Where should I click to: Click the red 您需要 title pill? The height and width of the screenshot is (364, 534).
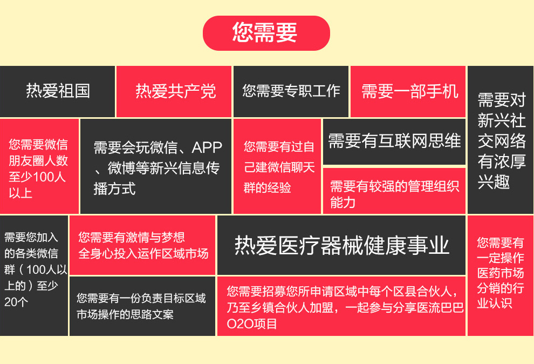click(266, 33)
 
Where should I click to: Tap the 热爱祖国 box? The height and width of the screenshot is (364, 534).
click(57, 91)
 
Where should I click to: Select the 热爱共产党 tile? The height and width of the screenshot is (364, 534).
click(174, 91)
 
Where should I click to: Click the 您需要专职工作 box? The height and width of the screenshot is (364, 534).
click(291, 91)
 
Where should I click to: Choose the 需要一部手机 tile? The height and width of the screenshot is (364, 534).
click(408, 91)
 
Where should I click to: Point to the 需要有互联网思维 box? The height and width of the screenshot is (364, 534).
click(394, 141)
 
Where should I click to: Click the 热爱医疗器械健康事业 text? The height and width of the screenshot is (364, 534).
click(342, 245)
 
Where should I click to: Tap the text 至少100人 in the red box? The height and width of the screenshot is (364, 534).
click(37, 177)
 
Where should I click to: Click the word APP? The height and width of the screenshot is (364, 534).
click(207, 147)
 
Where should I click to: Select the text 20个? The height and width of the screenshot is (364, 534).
click(16, 302)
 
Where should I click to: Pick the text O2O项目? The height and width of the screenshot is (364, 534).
click(252, 323)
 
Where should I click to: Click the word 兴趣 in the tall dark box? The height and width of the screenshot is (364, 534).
click(494, 181)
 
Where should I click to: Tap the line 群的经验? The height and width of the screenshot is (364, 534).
click(268, 187)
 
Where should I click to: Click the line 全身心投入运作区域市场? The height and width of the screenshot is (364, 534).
click(143, 253)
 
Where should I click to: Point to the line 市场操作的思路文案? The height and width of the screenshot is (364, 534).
click(125, 314)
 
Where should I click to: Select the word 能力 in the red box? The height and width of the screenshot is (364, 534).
click(343, 203)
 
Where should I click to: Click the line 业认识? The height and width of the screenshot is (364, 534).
click(495, 302)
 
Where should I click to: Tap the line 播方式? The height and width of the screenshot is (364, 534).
click(115, 188)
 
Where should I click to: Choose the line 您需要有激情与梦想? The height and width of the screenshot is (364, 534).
click(132, 237)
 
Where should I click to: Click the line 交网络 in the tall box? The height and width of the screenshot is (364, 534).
click(502, 140)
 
